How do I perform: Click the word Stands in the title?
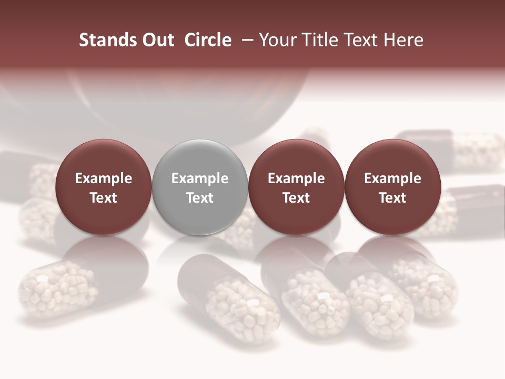103,40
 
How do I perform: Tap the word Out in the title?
157,40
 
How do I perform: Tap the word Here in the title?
405,40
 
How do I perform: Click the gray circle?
200,187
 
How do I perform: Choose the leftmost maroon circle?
104,187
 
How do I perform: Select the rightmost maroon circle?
392,187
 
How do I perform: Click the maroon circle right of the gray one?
296,187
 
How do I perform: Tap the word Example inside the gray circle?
200,178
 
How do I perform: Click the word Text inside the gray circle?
200,198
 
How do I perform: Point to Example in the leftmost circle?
104,178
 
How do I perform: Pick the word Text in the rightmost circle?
392,198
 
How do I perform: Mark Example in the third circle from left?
296,178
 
